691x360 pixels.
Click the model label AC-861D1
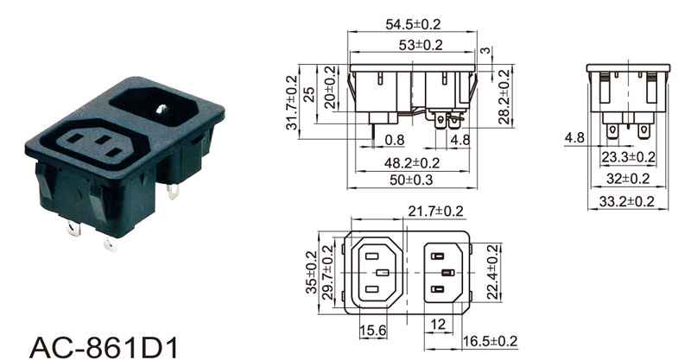click(x=104, y=348)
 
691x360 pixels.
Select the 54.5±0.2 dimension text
click(x=413, y=24)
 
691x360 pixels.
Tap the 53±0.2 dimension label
click(x=421, y=45)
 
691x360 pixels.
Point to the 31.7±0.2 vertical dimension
click(x=292, y=103)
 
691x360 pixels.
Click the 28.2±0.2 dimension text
click(x=504, y=97)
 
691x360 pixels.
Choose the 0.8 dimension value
click(x=395, y=140)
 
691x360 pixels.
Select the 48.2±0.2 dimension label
click(x=412, y=163)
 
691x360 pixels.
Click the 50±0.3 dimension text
click(x=411, y=180)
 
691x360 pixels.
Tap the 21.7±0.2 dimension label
click(x=435, y=212)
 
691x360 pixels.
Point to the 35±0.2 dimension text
click(x=311, y=272)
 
